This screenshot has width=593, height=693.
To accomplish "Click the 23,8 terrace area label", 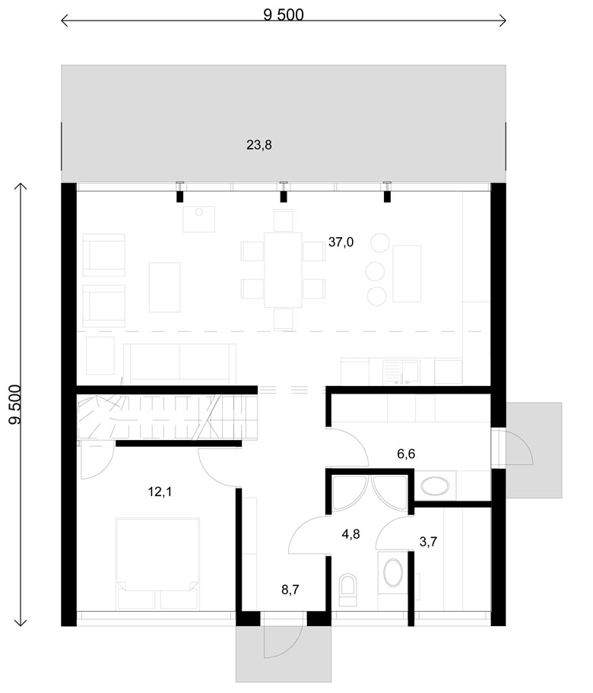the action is pos(259,145).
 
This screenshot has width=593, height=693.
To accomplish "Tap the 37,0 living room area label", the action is pos(341,242).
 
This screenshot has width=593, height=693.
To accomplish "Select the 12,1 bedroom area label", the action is pos(160,492).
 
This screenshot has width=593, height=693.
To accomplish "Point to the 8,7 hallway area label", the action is pos(290,589).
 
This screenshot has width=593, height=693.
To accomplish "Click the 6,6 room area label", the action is pos(406,454).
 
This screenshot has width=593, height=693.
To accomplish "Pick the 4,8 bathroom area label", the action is pos(350,534).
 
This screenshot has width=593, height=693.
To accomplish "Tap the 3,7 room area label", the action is pos(428,542).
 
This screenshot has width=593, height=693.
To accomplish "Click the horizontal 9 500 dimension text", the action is pos(284,15).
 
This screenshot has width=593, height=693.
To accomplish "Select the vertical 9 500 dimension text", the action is pos(15,404).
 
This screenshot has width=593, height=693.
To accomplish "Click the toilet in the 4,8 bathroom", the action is pos(347,590).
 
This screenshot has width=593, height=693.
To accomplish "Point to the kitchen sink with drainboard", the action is pos(401,372).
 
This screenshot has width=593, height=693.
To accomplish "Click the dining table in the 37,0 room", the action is pos(284,270).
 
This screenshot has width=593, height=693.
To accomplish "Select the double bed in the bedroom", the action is pos(157,565).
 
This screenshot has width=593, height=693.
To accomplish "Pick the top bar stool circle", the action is pos(380,243).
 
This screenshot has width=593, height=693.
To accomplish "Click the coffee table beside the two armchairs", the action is pos(164,287).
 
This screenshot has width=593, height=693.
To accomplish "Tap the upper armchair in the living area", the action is pos(104,255).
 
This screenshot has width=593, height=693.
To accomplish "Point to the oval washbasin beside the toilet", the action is pos(393,573).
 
